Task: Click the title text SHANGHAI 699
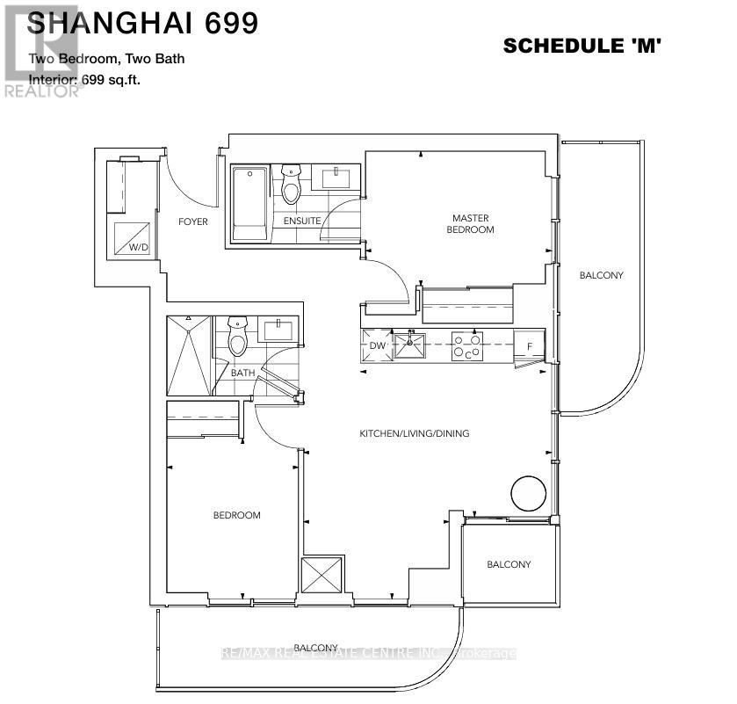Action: [143, 23]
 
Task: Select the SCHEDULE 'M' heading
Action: [581, 46]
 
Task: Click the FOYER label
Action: [192, 221]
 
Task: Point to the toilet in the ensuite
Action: [291, 185]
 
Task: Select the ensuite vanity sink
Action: [336, 178]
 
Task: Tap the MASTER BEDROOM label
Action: [470, 223]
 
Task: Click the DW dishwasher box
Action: [376, 345]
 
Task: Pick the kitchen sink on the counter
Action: [409, 345]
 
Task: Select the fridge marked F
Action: [530, 345]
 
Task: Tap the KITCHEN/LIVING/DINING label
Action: [415, 433]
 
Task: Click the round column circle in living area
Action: [529, 492]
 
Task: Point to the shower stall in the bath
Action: [189, 355]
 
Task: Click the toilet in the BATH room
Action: [237, 337]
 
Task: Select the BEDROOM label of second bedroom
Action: [236, 515]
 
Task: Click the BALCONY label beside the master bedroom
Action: [601, 275]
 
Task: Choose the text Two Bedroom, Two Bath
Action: [106, 59]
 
